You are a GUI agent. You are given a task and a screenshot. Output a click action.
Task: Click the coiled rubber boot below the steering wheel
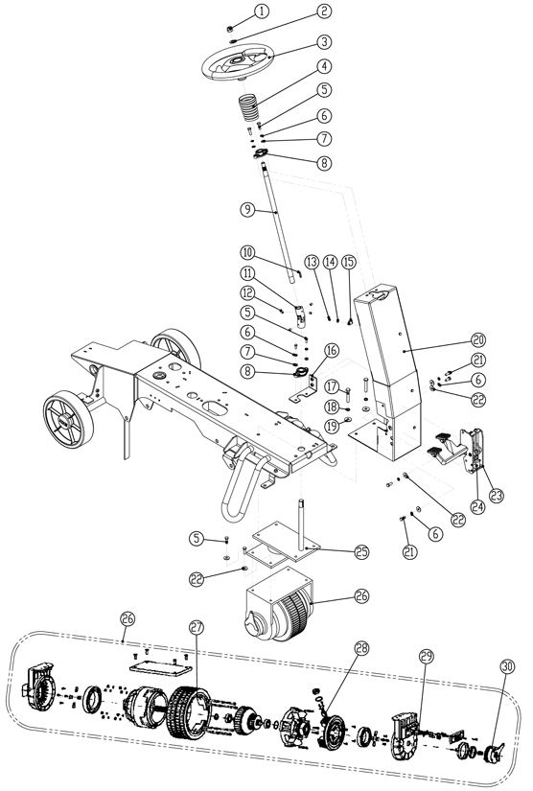coord(250,105)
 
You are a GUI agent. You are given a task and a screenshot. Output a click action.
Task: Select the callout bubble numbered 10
coord(247,253)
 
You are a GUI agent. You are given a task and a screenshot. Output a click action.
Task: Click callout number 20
coord(478,339)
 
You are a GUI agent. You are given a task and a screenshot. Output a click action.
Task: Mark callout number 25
coord(335,550)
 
